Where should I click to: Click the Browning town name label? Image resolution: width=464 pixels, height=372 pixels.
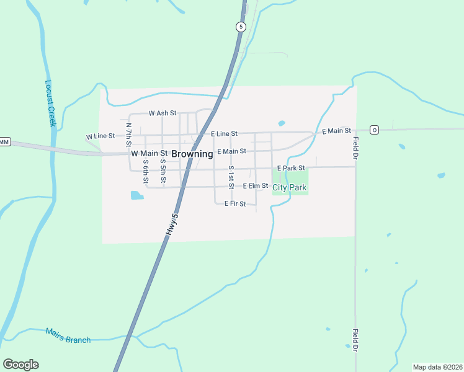coord(192,154)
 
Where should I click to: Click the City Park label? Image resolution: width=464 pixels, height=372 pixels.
coord(290,187)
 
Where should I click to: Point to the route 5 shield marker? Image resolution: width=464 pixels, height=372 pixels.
coord(241,27)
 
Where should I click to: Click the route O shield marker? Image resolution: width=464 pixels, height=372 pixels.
coord(374,130)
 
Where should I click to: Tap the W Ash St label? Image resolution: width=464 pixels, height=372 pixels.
coord(163,113)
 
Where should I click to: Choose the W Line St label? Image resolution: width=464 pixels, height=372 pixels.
coord(100,136)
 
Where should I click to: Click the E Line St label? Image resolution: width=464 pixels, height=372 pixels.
coord(224,133)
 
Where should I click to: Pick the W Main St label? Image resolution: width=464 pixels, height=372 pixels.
coord(149,153)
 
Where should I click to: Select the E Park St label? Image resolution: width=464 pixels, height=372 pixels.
coord(291,168)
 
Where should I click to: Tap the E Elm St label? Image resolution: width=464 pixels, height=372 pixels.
coord(255,186)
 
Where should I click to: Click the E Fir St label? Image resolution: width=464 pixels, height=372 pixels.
coord(235,203)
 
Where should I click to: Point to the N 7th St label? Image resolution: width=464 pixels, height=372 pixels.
coord(129,134)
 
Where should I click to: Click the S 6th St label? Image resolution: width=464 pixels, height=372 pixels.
coord(145,172)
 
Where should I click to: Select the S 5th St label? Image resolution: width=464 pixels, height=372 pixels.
coord(163,171)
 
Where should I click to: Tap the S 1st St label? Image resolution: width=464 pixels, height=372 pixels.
coord(231,177)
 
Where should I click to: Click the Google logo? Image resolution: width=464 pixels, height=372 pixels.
coord(20,365)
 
